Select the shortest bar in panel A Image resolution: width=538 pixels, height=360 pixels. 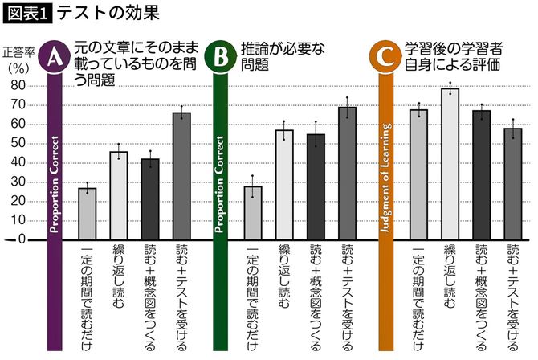(87, 214)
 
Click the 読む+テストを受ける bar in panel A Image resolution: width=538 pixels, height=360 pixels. (181, 176)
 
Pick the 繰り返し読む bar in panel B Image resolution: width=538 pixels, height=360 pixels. (283, 185)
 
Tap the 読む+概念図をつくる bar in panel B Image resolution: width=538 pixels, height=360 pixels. (316, 187)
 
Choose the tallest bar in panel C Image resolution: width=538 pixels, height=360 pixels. (450, 164)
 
